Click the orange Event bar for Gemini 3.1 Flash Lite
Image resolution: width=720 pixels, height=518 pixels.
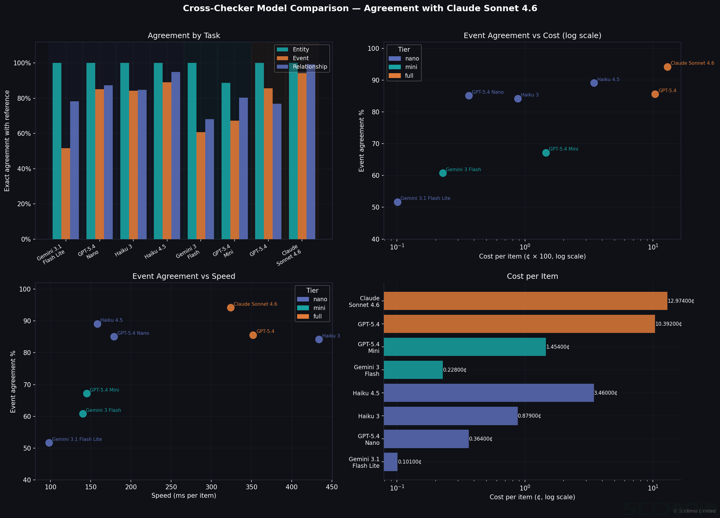pos(66,194)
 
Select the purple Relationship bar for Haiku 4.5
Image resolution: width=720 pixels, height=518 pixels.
pos(176,156)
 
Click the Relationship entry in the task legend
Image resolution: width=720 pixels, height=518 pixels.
pos(310,67)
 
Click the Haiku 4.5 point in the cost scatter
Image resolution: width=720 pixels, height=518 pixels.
pos(594,83)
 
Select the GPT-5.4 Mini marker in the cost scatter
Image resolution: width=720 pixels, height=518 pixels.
pos(546,153)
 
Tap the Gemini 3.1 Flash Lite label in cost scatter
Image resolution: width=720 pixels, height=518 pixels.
pos(425,198)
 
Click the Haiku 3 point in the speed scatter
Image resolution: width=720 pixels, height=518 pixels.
pos(319,339)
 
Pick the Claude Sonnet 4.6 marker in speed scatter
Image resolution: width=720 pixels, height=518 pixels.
pos(230,308)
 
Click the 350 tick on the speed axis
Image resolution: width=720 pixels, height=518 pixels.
pos(251,487)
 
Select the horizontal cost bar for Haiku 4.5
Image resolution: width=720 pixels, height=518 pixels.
pos(488,393)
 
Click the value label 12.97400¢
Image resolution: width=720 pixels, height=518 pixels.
pos(681,301)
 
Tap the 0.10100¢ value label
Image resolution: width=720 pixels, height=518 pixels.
pos(410,462)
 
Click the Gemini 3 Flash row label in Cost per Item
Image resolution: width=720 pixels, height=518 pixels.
pos(366,370)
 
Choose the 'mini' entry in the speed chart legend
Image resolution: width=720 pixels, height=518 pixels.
pos(319,308)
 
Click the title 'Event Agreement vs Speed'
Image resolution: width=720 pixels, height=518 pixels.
pos(184,276)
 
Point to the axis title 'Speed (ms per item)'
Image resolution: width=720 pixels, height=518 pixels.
pos(184,495)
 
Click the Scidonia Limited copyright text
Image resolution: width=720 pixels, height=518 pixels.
pos(694,511)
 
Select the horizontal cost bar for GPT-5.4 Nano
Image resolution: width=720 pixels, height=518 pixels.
pos(426,438)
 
